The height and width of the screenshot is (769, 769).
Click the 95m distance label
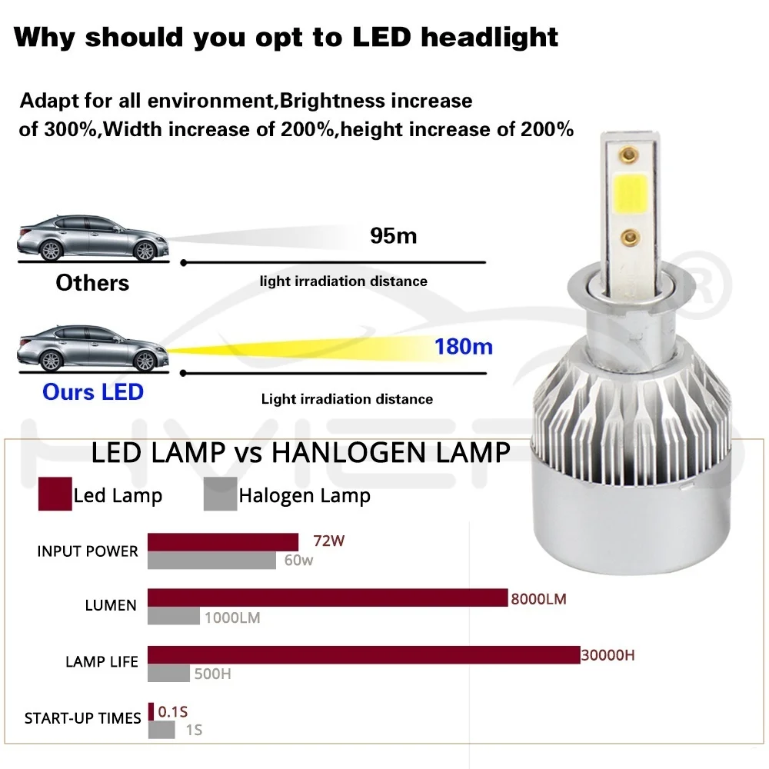(393, 235)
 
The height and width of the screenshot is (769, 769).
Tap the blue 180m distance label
(463, 347)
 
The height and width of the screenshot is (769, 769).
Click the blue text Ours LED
(93, 392)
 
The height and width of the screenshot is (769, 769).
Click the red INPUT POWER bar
(223, 542)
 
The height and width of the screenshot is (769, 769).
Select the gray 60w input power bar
(211, 561)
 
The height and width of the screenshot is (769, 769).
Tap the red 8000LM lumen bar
(328, 598)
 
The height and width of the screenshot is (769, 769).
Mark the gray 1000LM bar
(174, 616)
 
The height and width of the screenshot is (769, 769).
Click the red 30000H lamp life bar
(363, 655)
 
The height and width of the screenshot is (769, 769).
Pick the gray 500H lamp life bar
(168, 673)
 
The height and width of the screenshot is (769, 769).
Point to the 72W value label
(329, 541)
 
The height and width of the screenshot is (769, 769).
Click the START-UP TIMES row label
(83, 718)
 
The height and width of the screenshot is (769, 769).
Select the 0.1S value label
(172, 712)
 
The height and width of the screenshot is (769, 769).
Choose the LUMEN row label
(111, 605)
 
